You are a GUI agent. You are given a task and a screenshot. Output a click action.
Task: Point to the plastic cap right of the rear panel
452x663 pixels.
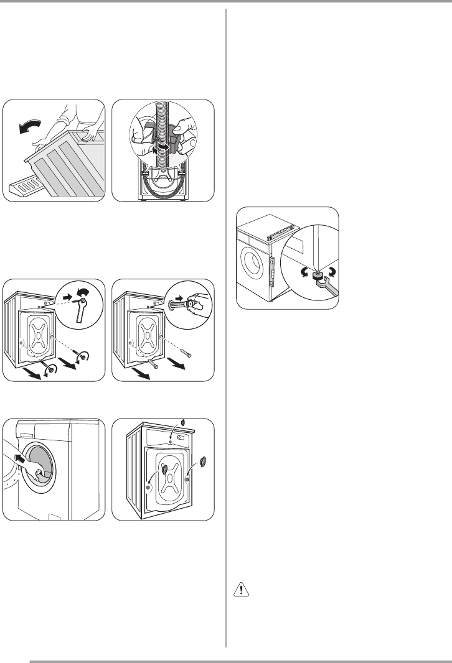click(204, 462)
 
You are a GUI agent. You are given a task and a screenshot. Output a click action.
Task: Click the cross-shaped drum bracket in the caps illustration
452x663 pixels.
click(167, 475)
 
